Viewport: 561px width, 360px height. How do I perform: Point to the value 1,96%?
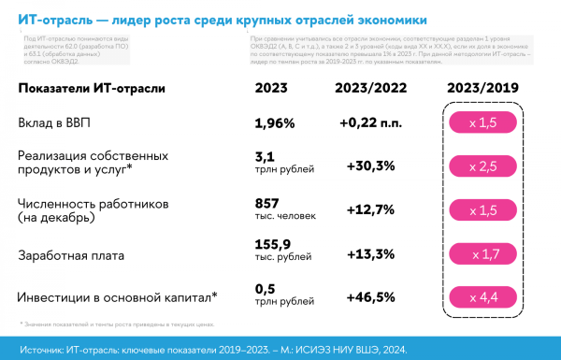[275, 123]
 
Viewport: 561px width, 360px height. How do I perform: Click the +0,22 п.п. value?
[370, 123]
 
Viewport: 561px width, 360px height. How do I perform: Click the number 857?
[267, 203]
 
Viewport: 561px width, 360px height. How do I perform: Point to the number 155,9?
[273, 247]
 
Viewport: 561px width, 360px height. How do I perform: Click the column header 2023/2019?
[483, 88]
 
